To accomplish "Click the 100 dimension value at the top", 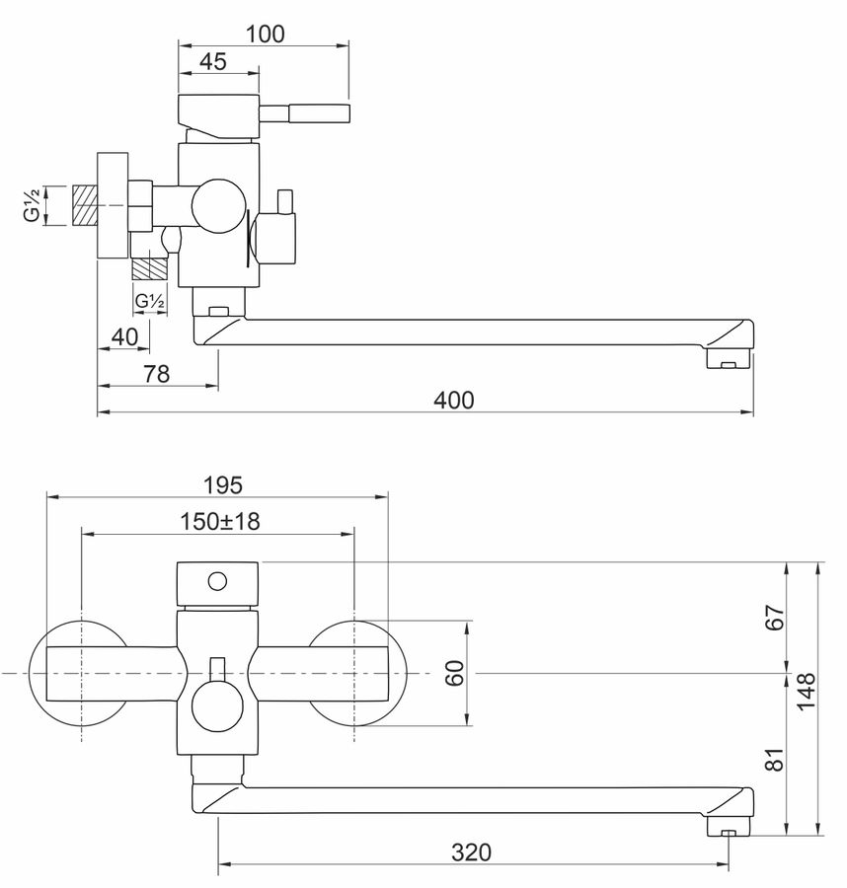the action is pyautogui.click(x=265, y=34).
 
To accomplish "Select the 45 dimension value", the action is pyautogui.click(x=213, y=61).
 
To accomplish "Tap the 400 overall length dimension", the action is pyautogui.click(x=454, y=401).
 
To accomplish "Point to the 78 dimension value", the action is pyautogui.click(x=156, y=374).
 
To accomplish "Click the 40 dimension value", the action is pyautogui.click(x=124, y=337).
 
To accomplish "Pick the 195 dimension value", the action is pyautogui.click(x=223, y=484).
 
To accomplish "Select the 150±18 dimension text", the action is pyautogui.click(x=220, y=521).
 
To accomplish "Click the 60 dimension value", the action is pyautogui.click(x=455, y=673).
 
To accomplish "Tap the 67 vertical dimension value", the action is pyautogui.click(x=775, y=618).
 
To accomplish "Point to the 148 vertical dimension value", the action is pyautogui.click(x=806, y=691).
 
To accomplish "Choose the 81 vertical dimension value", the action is pyautogui.click(x=775, y=759).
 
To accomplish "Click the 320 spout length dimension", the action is pyautogui.click(x=471, y=851).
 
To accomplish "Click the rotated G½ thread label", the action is pyautogui.click(x=33, y=205).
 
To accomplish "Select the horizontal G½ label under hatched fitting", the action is pyautogui.click(x=150, y=301).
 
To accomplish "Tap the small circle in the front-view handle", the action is pyautogui.click(x=217, y=581).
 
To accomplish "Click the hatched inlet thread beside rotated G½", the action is pyautogui.click(x=86, y=204).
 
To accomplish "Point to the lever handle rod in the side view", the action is pyautogui.click(x=304, y=113).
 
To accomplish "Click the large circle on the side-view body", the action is pyautogui.click(x=219, y=205).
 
